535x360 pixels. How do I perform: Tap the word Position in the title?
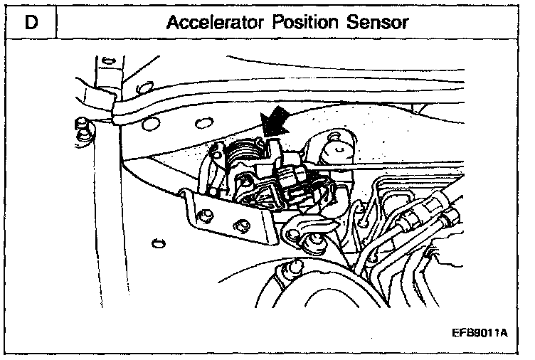[x=307, y=22]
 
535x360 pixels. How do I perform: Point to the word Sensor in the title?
[x=378, y=22]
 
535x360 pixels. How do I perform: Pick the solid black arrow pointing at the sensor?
[x=275, y=126]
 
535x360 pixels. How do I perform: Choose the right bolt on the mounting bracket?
[x=244, y=226]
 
